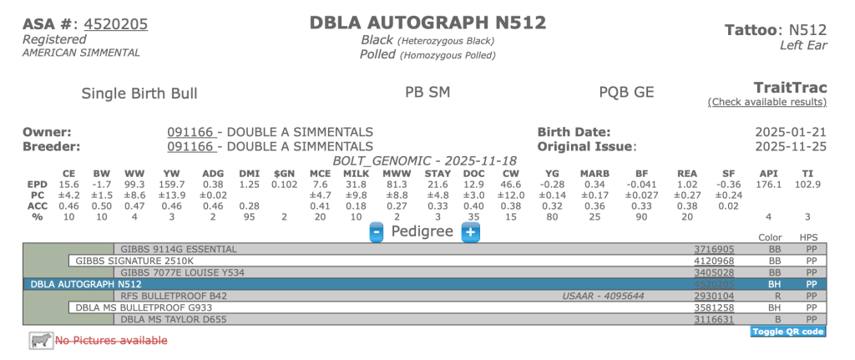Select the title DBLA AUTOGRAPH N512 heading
(x=427, y=23)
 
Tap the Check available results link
(x=766, y=102)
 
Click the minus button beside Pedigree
(x=377, y=231)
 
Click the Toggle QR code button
(x=788, y=332)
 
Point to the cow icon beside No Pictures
(x=40, y=340)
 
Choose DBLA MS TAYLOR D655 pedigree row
(x=169, y=319)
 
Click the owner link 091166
(x=191, y=132)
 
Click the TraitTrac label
(x=790, y=87)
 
